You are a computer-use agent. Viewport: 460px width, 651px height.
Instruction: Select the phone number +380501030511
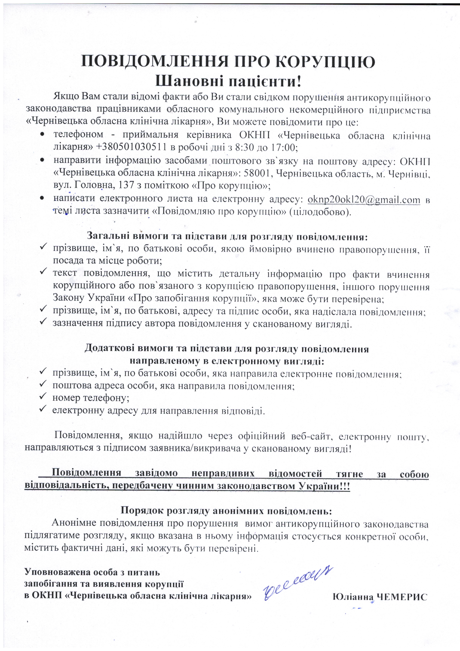click(131, 147)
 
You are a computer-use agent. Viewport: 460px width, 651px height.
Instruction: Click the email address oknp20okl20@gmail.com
click(364, 200)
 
